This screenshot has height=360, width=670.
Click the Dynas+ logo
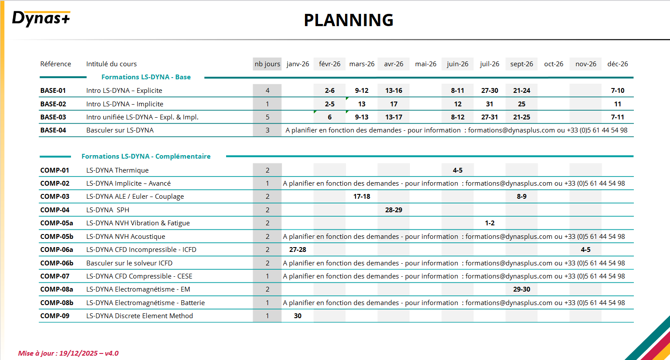pos(41,19)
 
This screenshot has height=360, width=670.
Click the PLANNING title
pos(349,20)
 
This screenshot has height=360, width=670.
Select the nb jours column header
pos(267,64)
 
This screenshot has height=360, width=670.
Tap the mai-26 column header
pos(426,64)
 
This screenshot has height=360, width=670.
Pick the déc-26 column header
pos(617,64)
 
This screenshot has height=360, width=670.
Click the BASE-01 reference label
pos(53,91)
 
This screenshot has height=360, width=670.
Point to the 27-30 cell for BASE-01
pos(490,91)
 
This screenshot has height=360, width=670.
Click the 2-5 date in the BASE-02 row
pos(330,104)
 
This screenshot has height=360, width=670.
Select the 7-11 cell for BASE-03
pos(617,117)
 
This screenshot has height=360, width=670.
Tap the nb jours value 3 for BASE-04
pos(267,130)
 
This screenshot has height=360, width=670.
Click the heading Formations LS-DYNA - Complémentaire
pos(146,156)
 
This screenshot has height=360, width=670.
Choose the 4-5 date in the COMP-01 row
pos(457,170)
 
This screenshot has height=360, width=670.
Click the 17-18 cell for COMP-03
pos(362,197)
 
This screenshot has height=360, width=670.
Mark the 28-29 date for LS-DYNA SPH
pos(394,210)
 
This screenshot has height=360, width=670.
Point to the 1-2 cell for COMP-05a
pos(490,223)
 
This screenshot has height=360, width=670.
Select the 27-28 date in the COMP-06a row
pos(298,250)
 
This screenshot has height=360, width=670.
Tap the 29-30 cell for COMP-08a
pos(521,289)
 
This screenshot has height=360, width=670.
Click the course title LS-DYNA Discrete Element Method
pos(139,316)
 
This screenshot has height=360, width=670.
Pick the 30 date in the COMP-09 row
pos(298,316)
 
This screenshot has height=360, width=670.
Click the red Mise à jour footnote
pos(68,353)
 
